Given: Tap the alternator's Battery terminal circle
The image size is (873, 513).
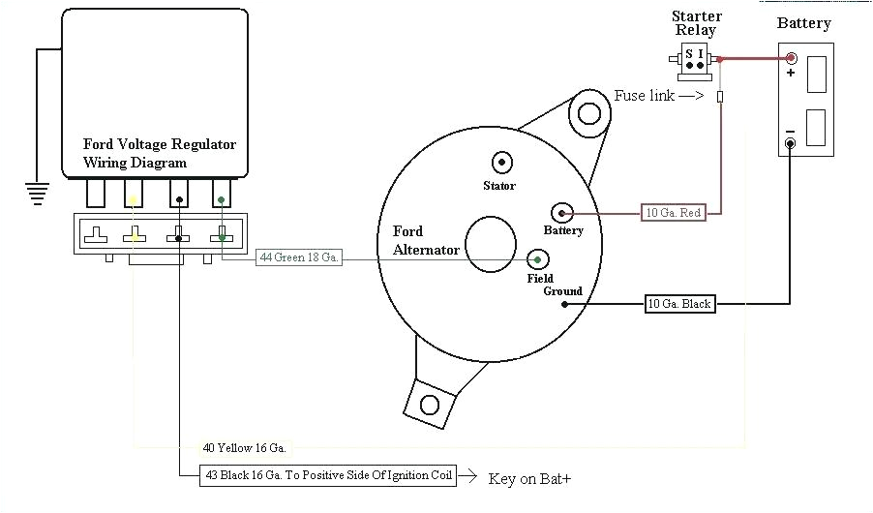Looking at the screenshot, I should [562, 212].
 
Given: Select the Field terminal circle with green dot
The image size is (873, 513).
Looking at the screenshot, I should [538, 258].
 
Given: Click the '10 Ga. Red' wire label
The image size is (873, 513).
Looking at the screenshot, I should [673, 212].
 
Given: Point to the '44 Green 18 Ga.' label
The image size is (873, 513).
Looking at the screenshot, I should [299, 258].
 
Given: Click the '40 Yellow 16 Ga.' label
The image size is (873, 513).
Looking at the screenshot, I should [244, 447].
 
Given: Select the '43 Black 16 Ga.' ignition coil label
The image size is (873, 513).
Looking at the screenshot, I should [328, 475].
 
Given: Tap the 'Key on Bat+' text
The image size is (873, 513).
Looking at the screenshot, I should [535, 478].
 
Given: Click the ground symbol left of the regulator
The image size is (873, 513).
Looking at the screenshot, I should [36, 192].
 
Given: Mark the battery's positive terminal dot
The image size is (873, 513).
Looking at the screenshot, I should [791, 58].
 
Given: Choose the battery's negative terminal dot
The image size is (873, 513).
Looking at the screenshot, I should [790, 144].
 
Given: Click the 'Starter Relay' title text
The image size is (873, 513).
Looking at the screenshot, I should [696, 23].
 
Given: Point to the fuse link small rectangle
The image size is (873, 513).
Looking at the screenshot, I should [720, 97].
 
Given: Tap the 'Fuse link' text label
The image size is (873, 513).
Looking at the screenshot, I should [643, 96].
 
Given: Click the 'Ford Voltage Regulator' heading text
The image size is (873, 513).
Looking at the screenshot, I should [160, 144].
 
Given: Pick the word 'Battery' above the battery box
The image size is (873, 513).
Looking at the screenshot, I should [803, 23].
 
